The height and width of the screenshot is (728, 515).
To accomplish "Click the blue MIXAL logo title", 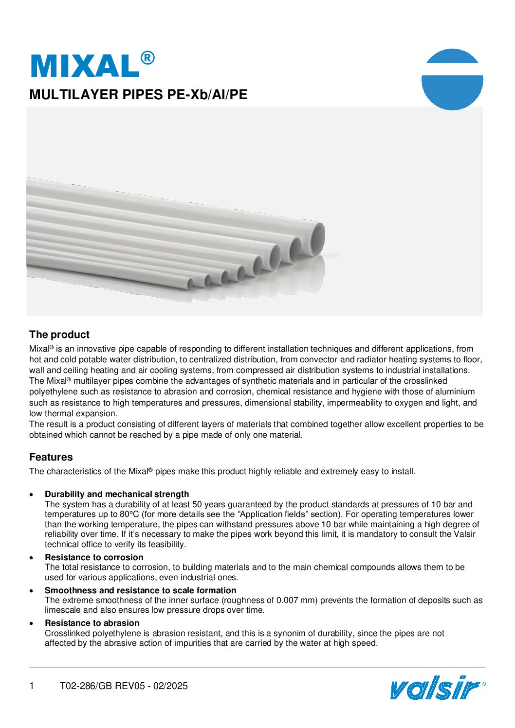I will click(86, 65).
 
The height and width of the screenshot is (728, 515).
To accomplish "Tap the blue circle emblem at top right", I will click(452, 79).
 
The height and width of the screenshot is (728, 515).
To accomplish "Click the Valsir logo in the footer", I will click(435, 687).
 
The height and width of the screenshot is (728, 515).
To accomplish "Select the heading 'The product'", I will click(59, 335).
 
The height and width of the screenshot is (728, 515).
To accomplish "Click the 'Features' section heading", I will click(51, 457).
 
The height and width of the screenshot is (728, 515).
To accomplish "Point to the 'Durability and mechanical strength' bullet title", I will click(117, 494).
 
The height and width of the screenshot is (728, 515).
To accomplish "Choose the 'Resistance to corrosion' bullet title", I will click(94, 557).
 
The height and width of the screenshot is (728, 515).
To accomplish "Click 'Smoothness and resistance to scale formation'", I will click(140, 590).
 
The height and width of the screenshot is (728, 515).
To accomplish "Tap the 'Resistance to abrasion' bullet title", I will click(92, 623).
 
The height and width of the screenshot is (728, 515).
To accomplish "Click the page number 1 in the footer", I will click(32, 686).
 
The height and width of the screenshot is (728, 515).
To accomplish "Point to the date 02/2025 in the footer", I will click(170, 686).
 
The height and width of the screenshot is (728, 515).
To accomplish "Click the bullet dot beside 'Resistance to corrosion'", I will click(32, 558).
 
